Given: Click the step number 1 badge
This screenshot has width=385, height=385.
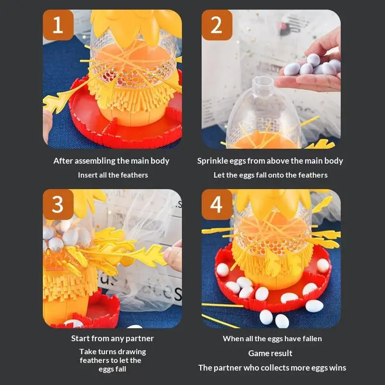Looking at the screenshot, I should [x=58, y=25].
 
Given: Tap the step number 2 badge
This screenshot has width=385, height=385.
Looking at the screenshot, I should [x=217, y=25].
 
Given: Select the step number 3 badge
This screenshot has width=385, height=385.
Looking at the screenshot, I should [x=58, y=205].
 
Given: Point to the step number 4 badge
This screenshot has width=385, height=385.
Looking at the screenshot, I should [x=217, y=205].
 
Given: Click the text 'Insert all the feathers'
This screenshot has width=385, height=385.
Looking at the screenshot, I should [x=113, y=175].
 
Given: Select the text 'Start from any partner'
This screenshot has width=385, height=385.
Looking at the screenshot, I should [x=112, y=338].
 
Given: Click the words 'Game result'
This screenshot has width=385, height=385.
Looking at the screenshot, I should [x=270, y=353].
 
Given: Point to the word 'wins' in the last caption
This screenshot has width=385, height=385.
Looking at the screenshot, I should [x=337, y=368].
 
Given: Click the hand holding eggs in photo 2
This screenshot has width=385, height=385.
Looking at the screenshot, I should [x=313, y=70].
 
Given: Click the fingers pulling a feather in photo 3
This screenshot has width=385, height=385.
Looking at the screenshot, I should [x=173, y=255].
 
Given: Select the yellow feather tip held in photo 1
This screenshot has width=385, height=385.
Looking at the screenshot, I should [x=53, y=102].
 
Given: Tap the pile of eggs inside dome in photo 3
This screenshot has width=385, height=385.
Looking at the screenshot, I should [x=63, y=236].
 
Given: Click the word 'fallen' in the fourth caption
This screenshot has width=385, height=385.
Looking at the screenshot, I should [x=311, y=338].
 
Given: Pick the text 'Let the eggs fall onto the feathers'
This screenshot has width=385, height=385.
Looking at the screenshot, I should [x=270, y=175].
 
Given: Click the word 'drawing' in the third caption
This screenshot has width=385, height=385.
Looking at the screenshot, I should [x=130, y=352].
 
